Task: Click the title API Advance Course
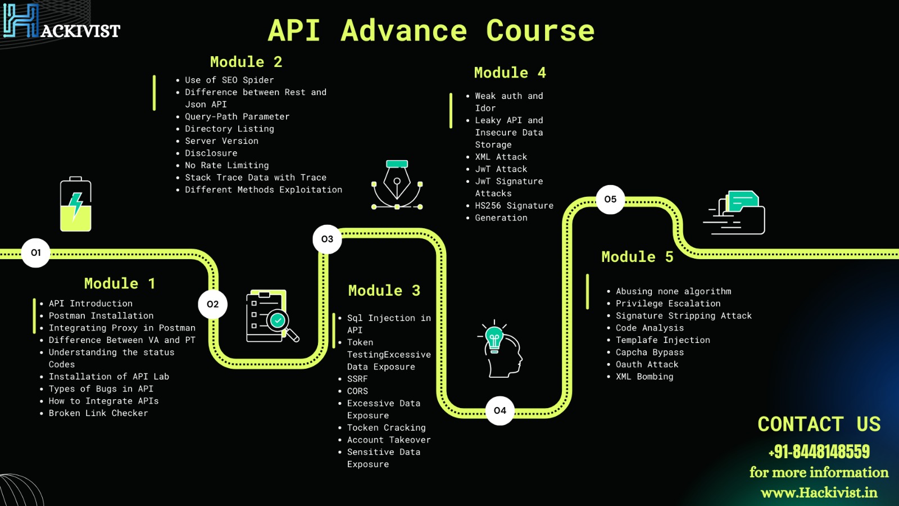coord(431,30)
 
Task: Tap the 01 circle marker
coord(36,253)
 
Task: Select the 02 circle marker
coord(212,304)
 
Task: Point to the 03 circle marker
coord(327,239)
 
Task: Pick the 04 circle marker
coord(500,410)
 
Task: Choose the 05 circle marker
coord(610,199)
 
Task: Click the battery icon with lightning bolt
coord(76,205)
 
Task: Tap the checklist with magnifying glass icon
coord(271,317)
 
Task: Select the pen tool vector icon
coord(397,185)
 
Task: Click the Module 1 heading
coord(119,283)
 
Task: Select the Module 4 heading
coord(510,73)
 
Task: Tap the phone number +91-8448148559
coord(819,451)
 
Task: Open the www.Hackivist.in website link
coord(819,493)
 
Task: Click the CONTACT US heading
coord(819,424)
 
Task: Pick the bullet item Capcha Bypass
coord(650,353)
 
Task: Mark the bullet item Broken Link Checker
coord(98,413)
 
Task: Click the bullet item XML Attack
coord(501,157)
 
